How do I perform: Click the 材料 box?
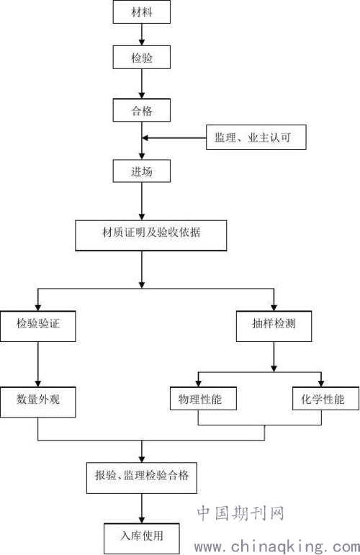coord(142,12)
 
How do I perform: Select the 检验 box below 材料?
coord(142,58)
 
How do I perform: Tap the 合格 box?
coord(142,110)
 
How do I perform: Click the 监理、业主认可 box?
coord(256,137)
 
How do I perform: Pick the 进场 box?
coord(142,171)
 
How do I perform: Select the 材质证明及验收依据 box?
coord(151,235)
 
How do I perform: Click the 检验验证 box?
coord(38,326)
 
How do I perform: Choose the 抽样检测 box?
coord(274,326)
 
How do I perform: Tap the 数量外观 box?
coord(38,402)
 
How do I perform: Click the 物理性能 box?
coord(203,399)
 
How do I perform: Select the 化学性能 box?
coord(325,399)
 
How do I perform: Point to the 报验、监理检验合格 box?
coord(142,478)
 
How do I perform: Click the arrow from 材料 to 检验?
coord(142,35)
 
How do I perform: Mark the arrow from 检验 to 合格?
coord(142,84)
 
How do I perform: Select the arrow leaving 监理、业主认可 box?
coord(174,137)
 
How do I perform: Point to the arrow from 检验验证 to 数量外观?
coord(38,364)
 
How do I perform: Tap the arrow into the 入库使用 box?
coord(142,509)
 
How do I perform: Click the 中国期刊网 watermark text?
coord(240,513)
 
